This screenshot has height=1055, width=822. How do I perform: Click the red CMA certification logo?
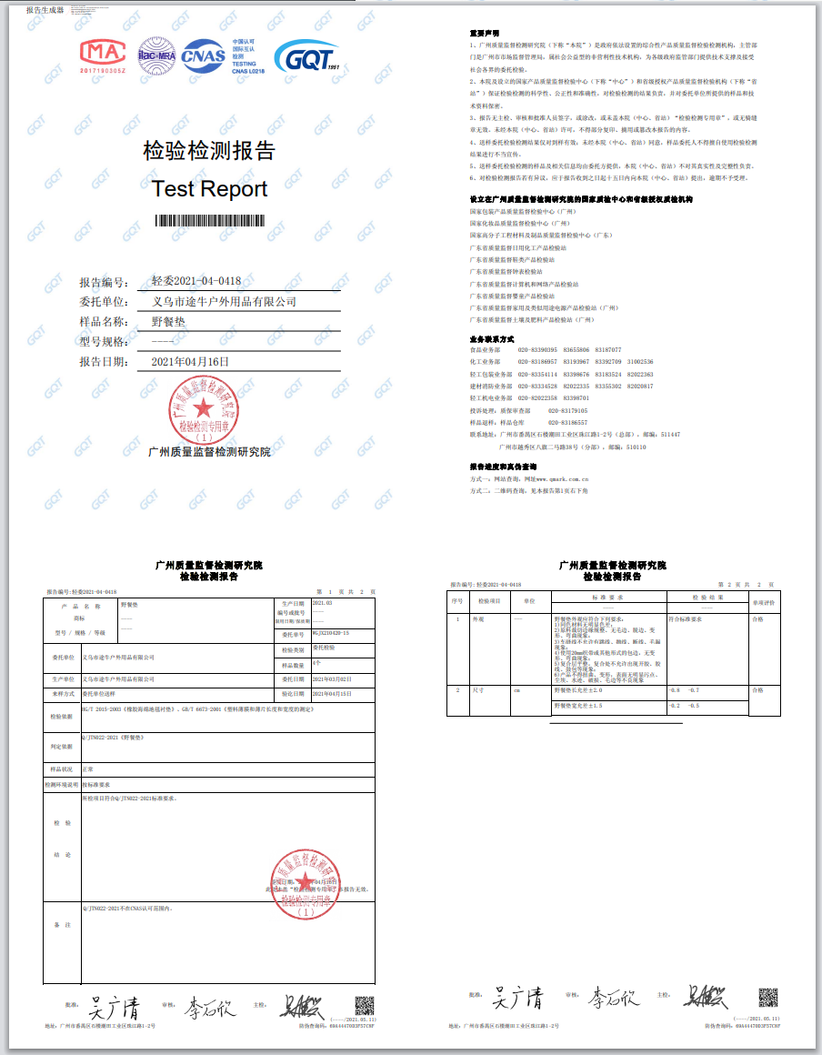pyautogui.click(x=102, y=55)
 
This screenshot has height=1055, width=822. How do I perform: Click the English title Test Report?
pyautogui.click(x=209, y=189)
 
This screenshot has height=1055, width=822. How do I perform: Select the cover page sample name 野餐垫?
pyautogui.click(x=168, y=321)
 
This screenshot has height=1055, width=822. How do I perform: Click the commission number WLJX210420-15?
pyautogui.click(x=331, y=632)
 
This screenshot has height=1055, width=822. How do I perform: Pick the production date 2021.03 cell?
pyautogui.click(x=323, y=603)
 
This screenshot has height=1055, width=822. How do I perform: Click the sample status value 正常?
pyautogui.click(x=88, y=769)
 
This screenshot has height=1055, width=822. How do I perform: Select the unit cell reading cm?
pyautogui.click(x=516, y=691)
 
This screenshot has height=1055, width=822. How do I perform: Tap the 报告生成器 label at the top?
pyautogui.click(x=45, y=10)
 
